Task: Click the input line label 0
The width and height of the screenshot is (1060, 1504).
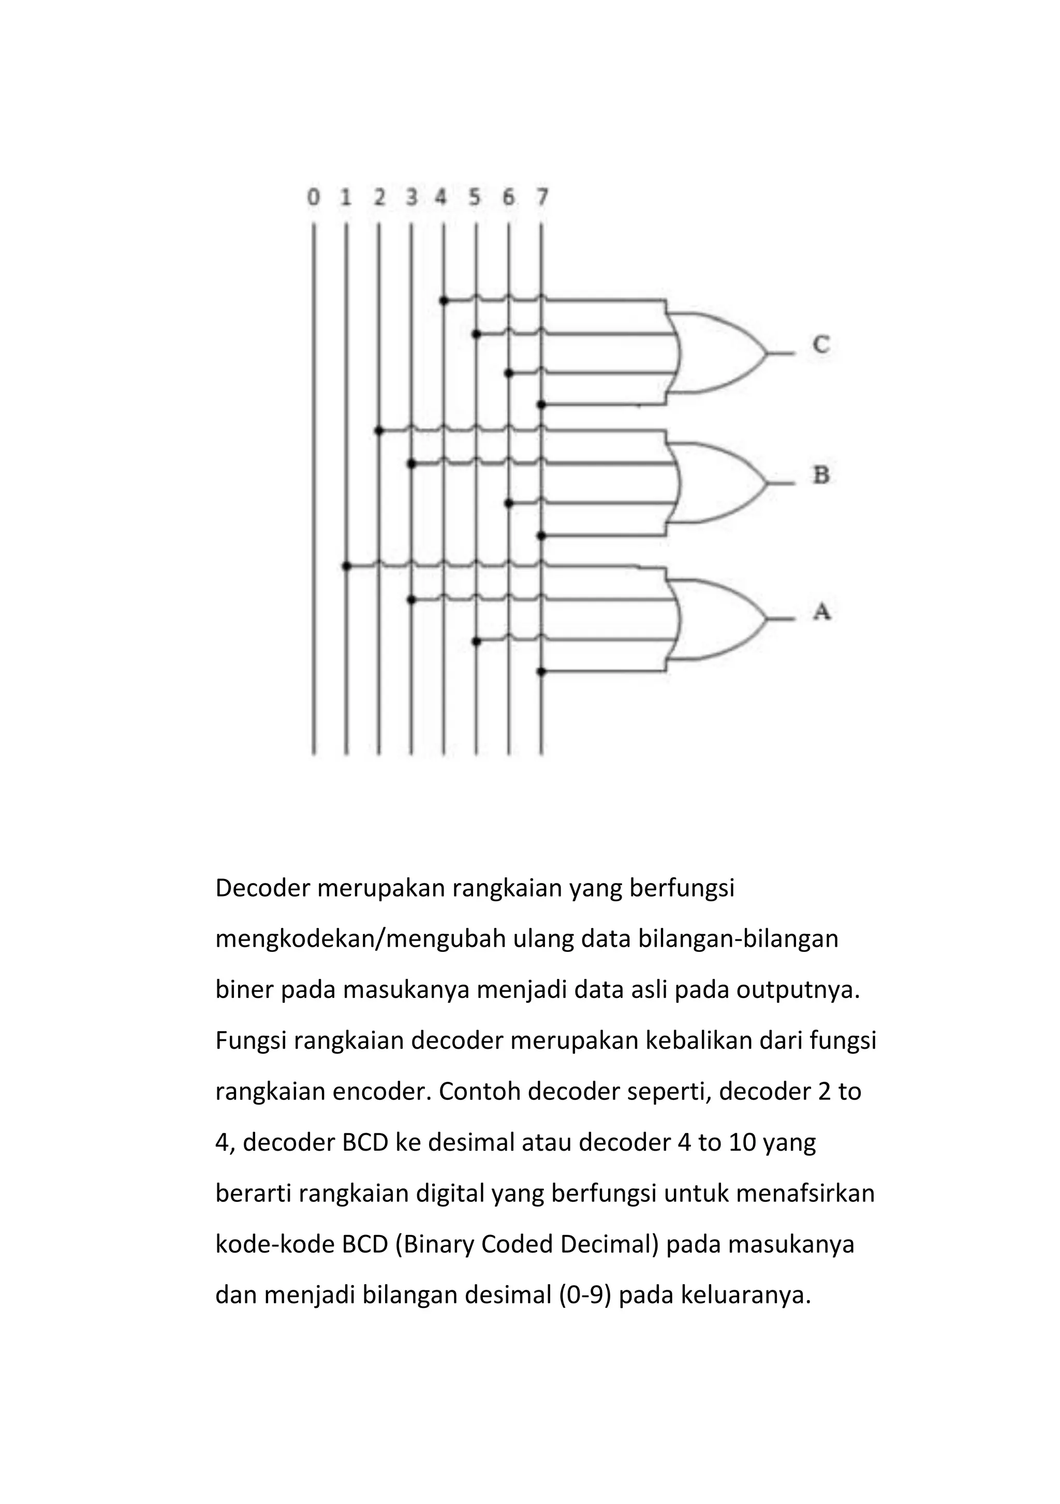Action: click(x=314, y=197)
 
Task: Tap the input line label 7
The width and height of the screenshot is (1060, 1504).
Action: click(x=542, y=197)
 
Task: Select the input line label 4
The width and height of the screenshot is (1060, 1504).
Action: click(x=441, y=197)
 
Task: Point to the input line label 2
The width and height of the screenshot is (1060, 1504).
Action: click(x=379, y=197)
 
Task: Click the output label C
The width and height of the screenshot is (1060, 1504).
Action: click(x=821, y=345)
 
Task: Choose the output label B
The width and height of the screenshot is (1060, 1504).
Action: click(x=821, y=475)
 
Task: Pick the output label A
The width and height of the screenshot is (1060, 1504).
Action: click(x=821, y=612)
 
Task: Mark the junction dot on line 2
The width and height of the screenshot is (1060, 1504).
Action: click(x=379, y=430)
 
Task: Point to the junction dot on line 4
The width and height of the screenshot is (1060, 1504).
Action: click(x=444, y=301)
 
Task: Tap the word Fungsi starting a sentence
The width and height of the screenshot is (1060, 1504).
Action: click(x=251, y=1041)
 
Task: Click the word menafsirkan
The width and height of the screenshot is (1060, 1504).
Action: click(x=805, y=1194)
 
